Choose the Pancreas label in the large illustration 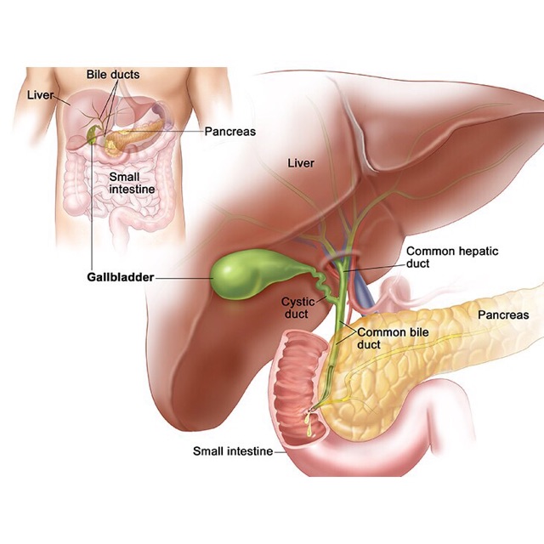(503, 315)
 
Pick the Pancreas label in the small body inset (229, 132)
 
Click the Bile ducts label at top (113, 74)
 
